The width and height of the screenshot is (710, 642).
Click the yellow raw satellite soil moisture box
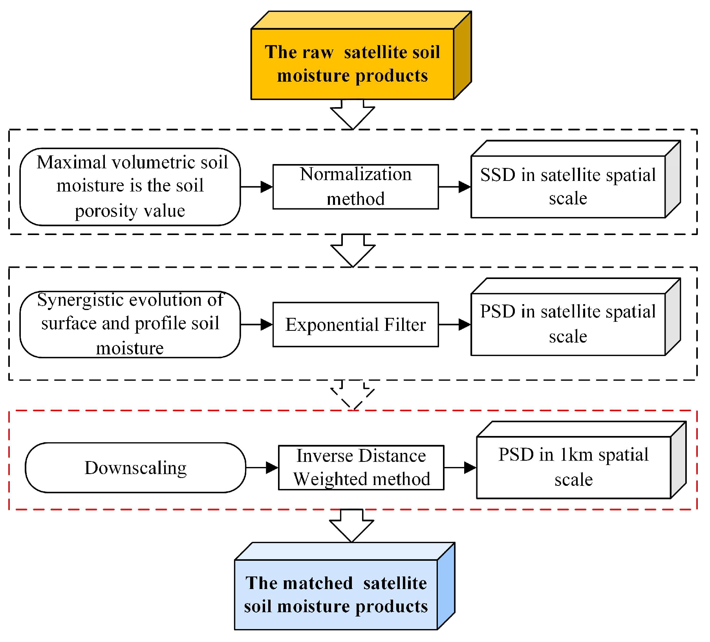point(352,64)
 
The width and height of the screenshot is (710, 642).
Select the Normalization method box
point(355,186)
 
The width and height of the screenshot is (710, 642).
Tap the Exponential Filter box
point(355,325)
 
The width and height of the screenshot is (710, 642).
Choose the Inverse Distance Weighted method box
point(361,467)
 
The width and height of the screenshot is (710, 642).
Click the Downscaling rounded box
point(135,467)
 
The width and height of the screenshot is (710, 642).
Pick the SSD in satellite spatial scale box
point(568,186)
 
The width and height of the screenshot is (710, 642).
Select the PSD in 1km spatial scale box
point(573,467)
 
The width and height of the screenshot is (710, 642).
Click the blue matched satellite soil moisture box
point(336,594)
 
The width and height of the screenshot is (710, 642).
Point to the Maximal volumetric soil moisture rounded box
point(130,186)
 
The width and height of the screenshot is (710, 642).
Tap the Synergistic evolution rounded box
point(130,325)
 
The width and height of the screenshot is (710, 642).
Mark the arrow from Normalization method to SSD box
point(455,187)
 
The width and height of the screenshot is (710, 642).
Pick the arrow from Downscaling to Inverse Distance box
point(262,467)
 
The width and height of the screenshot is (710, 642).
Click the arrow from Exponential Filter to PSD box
point(455,325)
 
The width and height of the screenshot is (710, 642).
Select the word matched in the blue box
point(318,583)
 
